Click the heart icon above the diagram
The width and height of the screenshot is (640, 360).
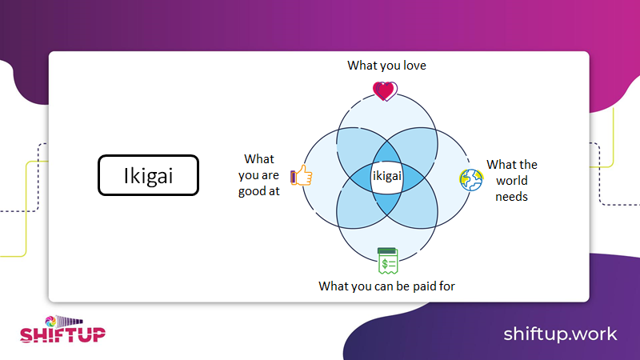pyautogui.click(x=384, y=90)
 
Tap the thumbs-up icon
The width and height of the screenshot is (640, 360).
pyautogui.click(x=301, y=175)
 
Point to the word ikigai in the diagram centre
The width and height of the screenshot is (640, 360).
pyautogui.click(x=386, y=174)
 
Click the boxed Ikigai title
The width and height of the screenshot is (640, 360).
pyautogui.click(x=147, y=175)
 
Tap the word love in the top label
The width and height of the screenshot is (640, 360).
pyautogui.click(x=411, y=66)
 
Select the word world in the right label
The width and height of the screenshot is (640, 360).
pyautogui.click(x=511, y=181)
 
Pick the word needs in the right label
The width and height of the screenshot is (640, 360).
pyautogui.click(x=511, y=197)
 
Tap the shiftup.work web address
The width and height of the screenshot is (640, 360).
pyautogui.click(x=560, y=333)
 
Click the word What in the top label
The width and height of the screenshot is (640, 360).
pyautogui.click(x=362, y=66)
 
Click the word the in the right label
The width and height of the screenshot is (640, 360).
pyautogui.click(x=527, y=165)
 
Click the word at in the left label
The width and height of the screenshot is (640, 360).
pyautogui.click(x=274, y=191)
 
